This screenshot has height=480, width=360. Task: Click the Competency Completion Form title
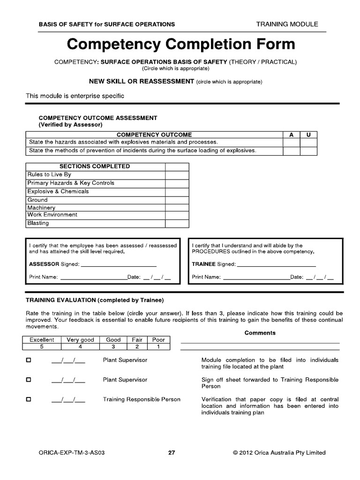tap(181, 45)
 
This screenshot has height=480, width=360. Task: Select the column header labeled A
tap(291, 135)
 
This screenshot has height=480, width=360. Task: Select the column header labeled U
tap(308, 135)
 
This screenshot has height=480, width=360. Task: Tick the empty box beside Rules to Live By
tap(177, 174)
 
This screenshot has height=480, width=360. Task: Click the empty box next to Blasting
tap(177, 223)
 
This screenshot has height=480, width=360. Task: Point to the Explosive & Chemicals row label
tap(58, 191)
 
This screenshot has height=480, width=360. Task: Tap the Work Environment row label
tap(52, 215)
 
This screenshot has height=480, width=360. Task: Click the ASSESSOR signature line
tap(119, 264)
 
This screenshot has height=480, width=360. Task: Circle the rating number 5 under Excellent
tap(42, 347)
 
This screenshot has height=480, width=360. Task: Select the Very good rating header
tap(80, 340)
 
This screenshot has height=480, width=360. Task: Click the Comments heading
tap(260, 333)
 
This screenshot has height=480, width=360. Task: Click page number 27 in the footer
tap(172, 453)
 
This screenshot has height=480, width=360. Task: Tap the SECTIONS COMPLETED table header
tap(95, 166)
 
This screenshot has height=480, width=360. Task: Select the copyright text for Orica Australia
tap(279, 453)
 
